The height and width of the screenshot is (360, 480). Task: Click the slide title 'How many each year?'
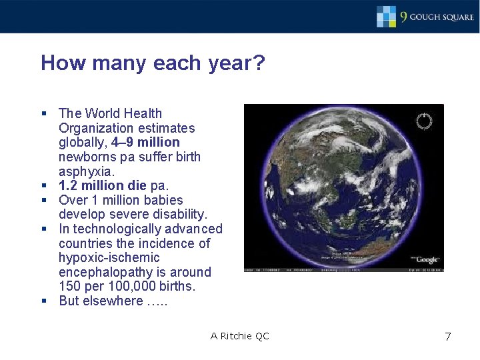(153, 63)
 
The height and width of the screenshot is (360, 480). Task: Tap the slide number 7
(447, 337)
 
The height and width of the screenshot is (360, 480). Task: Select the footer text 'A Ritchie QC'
(239, 336)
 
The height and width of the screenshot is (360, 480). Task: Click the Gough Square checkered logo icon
(386, 16)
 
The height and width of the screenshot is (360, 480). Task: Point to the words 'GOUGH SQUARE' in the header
(442, 17)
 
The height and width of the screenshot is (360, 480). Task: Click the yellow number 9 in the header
(403, 17)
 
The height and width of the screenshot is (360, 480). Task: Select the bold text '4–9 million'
(146, 142)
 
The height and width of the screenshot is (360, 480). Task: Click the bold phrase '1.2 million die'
(103, 185)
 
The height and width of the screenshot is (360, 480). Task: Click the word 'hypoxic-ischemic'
(109, 257)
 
